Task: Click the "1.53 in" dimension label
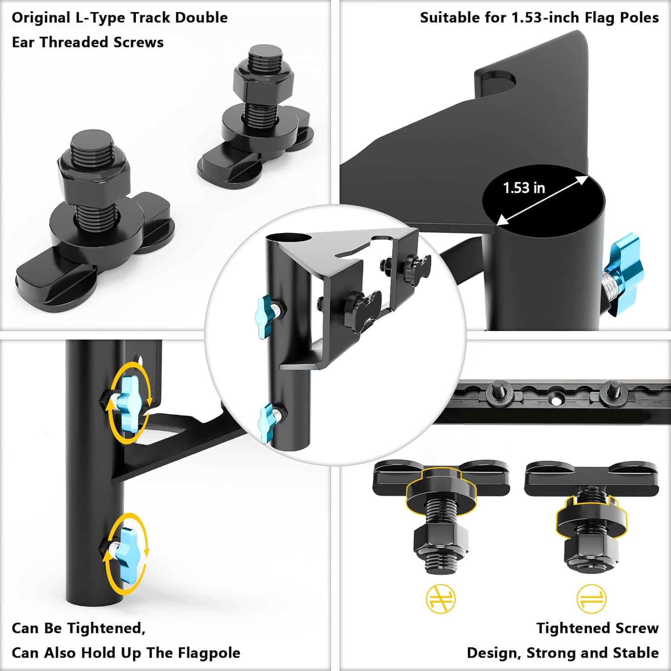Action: click(x=524, y=188)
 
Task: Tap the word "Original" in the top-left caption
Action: click(x=41, y=18)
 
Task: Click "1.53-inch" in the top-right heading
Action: click(x=546, y=18)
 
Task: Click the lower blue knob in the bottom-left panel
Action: click(x=125, y=553)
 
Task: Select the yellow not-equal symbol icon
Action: click(x=441, y=599)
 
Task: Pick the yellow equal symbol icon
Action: click(x=591, y=599)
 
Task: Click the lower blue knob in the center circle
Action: click(x=267, y=422)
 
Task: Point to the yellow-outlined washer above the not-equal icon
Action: click(x=439, y=489)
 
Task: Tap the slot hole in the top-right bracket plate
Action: click(x=499, y=81)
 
